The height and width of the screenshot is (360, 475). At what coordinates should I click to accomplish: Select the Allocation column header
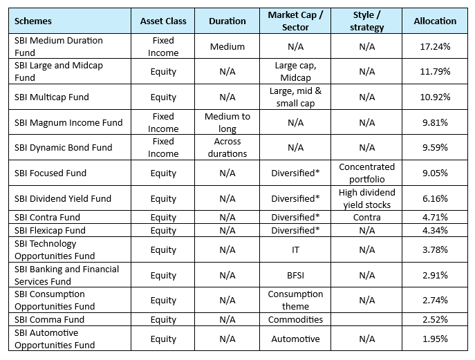(x=435, y=21)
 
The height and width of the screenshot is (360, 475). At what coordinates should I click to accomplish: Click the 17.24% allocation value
(x=435, y=46)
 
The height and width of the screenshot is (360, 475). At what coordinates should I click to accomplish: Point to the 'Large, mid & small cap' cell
(x=295, y=97)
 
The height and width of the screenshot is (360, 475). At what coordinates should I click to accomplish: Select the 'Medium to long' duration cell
(x=227, y=122)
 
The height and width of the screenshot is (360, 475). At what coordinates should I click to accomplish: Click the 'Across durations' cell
(x=227, y=147)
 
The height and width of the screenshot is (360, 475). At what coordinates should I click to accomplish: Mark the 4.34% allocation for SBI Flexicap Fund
(x=435, y=230)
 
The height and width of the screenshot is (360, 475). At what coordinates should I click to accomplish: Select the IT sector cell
(x=295, y=249)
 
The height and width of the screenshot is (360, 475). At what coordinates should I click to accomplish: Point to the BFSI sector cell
(x=295, y=275)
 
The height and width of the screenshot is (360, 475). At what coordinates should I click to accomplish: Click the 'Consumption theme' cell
(x=295, y=300)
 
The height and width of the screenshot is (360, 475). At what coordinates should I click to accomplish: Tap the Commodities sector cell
(x=295, y=319)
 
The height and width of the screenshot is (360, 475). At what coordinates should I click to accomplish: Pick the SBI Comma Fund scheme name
(x=49, y=319)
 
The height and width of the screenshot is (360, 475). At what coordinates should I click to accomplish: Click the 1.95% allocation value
(x=435, y=339)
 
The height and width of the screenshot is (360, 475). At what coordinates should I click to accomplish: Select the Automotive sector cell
(x=295, y=339)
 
